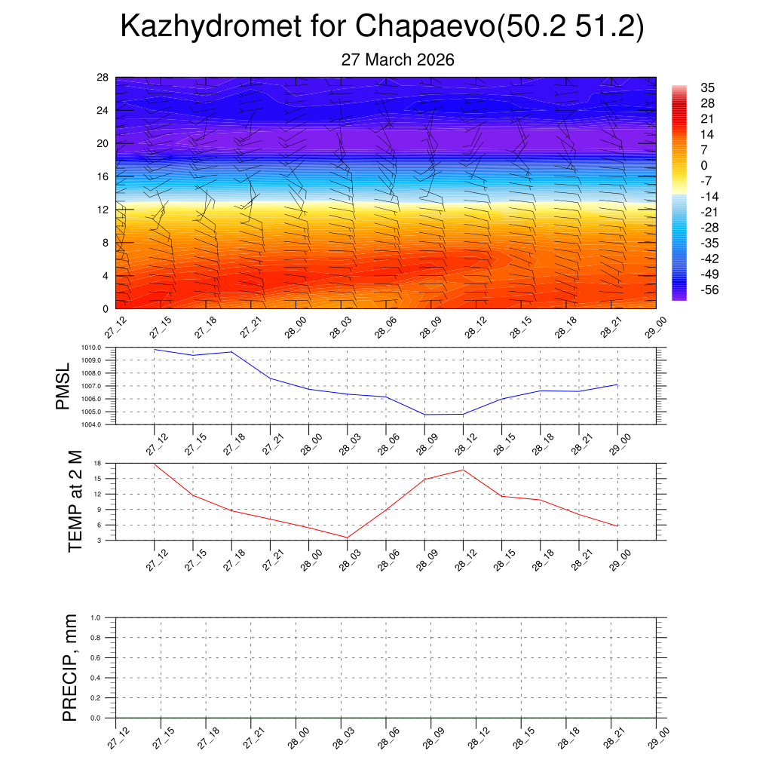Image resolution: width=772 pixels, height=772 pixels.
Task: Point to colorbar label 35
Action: tap(707, 87)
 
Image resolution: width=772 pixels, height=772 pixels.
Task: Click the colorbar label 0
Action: tap(704, 166)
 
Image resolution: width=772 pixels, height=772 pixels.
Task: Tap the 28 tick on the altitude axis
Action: tap(103, 78)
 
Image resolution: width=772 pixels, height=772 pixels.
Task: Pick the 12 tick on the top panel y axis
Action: tap(103, 210)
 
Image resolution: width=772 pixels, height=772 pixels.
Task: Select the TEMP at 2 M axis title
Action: tap(75, 501)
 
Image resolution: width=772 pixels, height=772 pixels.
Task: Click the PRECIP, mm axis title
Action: tap(70, 668)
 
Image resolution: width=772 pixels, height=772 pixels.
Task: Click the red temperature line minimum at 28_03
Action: tap(348, 538)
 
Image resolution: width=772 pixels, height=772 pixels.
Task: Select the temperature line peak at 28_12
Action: tap(463, 470)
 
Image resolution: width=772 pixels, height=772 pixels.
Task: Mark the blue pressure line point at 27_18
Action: tap(231, 352)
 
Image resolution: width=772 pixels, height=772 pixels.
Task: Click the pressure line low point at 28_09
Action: tap(424, 415)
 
